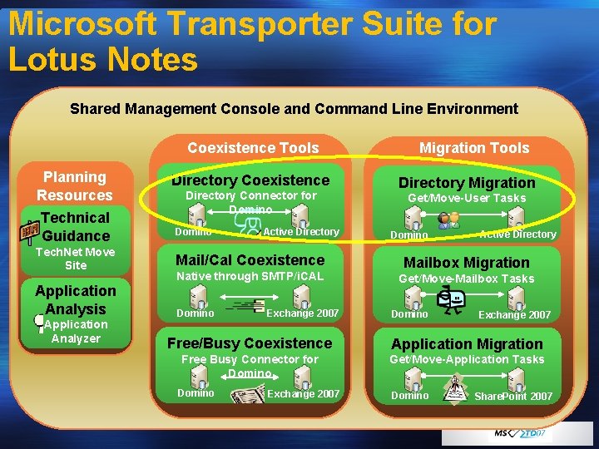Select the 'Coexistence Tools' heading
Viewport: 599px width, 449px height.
[253, 148]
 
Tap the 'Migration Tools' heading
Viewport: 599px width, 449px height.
[474, 148]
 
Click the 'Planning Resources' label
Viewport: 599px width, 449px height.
[75, 186]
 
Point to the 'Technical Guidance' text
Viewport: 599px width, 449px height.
[76, 226]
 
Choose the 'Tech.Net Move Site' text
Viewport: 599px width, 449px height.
[75, 259]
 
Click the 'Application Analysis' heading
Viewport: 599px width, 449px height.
[76, 299]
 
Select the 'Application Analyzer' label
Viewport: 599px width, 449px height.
[76, 332]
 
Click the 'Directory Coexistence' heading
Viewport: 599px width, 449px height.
[250, 180]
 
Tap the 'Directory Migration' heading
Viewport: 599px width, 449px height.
[467, 183]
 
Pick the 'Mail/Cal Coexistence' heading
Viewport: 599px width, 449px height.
[250, 260]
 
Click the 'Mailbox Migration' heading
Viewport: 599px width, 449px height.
[467, 263]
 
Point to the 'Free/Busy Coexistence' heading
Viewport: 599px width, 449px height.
[250, 343]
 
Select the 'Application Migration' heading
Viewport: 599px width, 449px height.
[467, 344]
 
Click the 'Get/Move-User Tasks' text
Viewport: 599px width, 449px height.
[467, 198]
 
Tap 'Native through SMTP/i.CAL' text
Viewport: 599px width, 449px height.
[250, 276]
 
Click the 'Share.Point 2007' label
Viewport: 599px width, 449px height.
[513, 397]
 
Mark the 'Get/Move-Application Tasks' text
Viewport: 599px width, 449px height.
[467, 359]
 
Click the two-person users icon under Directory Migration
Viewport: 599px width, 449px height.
[448, 220]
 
